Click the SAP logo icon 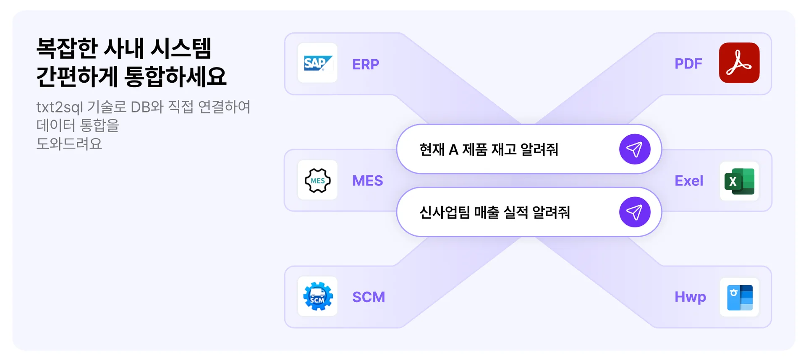(317, 63)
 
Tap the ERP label (366, 64)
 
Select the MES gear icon (317, 180)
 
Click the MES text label (367, 181)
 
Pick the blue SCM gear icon (318, 296)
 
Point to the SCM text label (369, 297)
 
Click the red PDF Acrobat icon (739, 63)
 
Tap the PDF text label (688, 64)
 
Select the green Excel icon (739, 181)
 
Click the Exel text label (689, 181)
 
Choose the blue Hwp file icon (739, 297)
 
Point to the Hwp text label (690, 297)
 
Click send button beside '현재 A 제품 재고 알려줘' (634, 149)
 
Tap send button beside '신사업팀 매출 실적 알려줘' (634, 212)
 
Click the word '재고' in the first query (504, 149)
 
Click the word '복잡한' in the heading (67, 48)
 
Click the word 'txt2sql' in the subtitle (60, 107)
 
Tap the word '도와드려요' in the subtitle (69, 143)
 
